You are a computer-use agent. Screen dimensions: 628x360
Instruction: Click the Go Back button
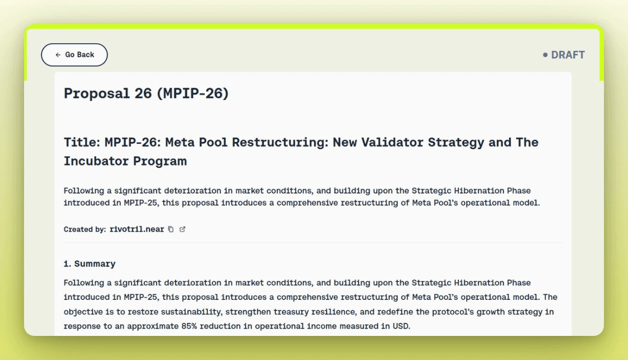pyautogui.click(x=74, y=54)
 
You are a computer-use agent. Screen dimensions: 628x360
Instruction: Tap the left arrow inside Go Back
pyautogui.click(x=58, y=54)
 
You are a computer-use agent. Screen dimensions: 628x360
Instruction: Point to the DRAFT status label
pyautogui.click(x=568, y=54)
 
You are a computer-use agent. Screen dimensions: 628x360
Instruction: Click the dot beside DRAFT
pyautogui.click(x=545, y=54)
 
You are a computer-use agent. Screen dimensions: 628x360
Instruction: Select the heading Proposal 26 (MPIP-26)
pyautogui.click(x=146, y=93)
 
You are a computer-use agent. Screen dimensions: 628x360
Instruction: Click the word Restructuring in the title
pyautogui.click(x=280, y=142)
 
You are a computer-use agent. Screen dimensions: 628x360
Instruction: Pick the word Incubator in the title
pyautogui.click(x=96, y=161)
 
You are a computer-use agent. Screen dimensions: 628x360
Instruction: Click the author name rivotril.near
pyautogui.click(x=137, y=229)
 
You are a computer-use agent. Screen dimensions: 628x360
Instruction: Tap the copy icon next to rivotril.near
pyautogui.click(x=171, y=229)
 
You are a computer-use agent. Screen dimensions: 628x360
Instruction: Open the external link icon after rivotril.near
pyautogui.click(x=182, y=229)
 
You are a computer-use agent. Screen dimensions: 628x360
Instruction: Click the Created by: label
pyautogui.click(x=85, y=229)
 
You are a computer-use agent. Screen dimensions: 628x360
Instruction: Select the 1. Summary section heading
pyautogui.click(x=89, y=264)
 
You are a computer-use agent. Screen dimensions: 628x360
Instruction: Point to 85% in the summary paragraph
pyautogui.click(x=189, y=326)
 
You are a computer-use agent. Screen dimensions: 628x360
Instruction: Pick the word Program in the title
pyautogui.click(x=160, y=161)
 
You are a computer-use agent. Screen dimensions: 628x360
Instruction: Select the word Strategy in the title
pyautogui.click(x=456, y=142)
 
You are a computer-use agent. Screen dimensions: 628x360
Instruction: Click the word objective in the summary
pyautogui.click(x=83, y=312)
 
